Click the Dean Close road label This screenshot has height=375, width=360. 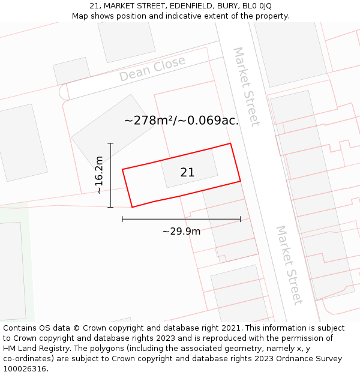click(152, 70)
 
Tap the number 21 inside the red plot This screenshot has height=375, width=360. click(187, 172)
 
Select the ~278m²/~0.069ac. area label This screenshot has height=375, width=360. click(181, 120)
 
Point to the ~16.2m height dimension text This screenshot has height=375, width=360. click(100, 175)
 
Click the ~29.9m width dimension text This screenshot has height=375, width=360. click(181, 231)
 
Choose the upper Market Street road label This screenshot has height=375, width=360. click(247, 86)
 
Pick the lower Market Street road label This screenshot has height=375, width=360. click(289, 265)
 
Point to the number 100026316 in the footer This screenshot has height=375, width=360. click(24, 368)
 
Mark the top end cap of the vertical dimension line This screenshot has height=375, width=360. click(110, 143)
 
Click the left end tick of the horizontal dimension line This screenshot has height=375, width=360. click(122, 219)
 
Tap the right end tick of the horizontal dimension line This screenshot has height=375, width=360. click(240, 219)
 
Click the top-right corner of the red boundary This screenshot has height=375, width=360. click(230, 143)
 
